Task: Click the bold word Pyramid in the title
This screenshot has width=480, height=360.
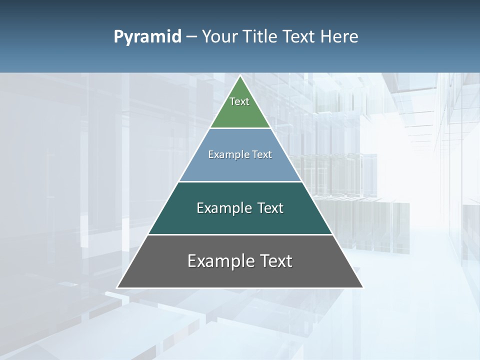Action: coord(147,37)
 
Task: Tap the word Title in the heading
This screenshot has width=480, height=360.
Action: coord(260,37)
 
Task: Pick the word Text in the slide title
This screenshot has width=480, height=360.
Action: coord(299,37)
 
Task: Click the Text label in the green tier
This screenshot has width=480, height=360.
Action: coord(239,101)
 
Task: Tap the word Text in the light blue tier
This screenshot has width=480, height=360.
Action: coord(262,155)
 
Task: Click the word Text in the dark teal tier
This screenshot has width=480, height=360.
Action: coord(270,208)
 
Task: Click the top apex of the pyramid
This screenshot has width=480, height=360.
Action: coord(240,76)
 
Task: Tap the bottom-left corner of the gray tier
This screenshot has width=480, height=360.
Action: coord(117,287)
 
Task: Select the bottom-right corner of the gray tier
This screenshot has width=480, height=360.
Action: coord(362,287)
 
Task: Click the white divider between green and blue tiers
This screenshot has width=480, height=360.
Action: coord(240,128)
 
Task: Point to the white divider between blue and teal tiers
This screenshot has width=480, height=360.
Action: coord(240,181)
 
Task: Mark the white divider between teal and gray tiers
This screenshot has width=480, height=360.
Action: coord(240,234)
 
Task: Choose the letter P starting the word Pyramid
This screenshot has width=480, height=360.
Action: coord(118,37)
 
